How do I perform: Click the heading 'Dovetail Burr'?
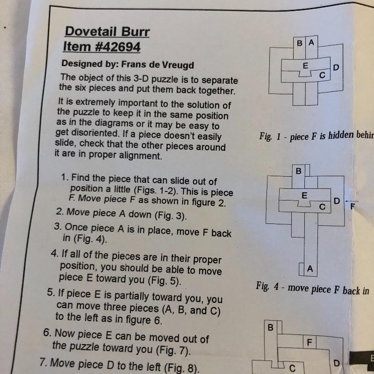pyautogui.click(x=107, y=32)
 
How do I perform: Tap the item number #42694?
pyautogui.click(x=118, y=47)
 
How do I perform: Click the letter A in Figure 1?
pyautogui.click(x=311, y=43)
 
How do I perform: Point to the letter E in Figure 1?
pyautogui.click(x=305, y=65)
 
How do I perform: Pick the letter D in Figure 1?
pyautogui.click(x=336, y=68)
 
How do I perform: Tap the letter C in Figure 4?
pyautogui.click(x=322, y=207)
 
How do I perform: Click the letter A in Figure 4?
pyautogui.click(x=310, y=269)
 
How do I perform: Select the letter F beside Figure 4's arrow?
pyautogui.click(x=353, y=206)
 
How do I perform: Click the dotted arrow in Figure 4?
pyautogui.click(x=352, y=201)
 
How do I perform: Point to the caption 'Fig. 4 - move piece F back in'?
pyautogui.click(x=312, y=288)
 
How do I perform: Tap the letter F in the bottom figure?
pyautogui.click(x=309, y=343)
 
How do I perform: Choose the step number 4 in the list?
pyautogui.click(x=54, y=253)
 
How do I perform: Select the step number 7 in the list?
pyautogui.click(x=43, y=362)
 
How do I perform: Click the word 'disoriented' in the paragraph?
pyautogui.click(x=87, y=133)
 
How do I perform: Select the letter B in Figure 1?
pyautogui.click(x=300, y=43)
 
